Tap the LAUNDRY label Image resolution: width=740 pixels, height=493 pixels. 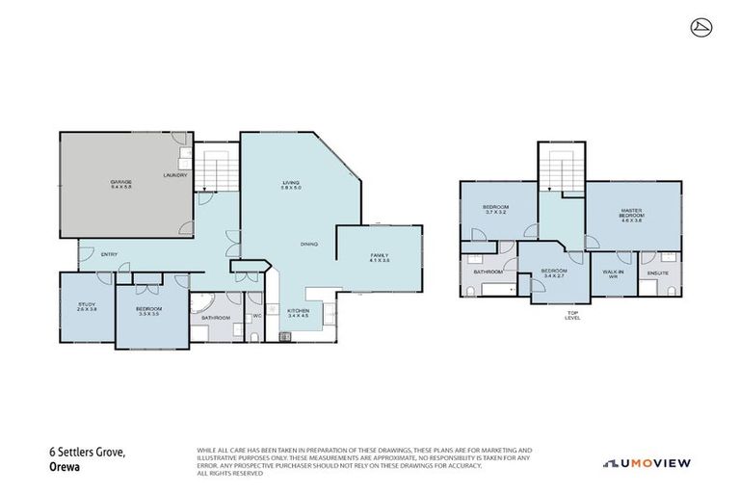pyautogui.click(x=174, y=174)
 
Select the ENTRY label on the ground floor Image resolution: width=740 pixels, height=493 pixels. pyautogui.click(x=109, y=254)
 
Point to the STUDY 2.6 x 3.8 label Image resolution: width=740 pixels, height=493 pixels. pyautogui.click(x=87, y=307)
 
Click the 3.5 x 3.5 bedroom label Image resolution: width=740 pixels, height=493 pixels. pyautogui.click(x=147, y=312)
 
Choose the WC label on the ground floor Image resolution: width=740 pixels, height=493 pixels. pyautogui.click(x=256, y=316)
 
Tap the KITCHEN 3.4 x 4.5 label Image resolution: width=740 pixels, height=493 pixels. pyautogui.click(x=298, y=313)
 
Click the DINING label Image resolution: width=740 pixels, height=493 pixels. pyautogui.click(x=308, y=244)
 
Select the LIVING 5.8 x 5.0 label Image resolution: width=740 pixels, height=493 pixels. pyautogui.click(x=291, y=185)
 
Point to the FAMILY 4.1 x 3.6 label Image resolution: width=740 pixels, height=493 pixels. pyautogui.click(x=379, y=258)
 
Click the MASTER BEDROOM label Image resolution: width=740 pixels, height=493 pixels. pyautogui.click(x=631, y=216)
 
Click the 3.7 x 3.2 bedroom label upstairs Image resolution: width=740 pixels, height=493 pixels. pyautogui.click(x=495, y=211)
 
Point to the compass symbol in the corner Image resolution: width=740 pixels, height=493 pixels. pyautogui.click(x=700, y=28)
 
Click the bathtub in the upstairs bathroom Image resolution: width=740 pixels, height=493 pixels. pyautogui.click(x=491, y=290)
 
